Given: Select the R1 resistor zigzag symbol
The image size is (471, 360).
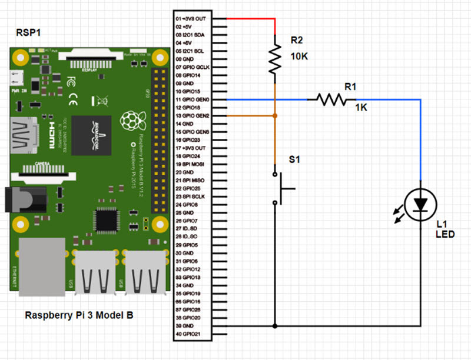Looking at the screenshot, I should (331, 100).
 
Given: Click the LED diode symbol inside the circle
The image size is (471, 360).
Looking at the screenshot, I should (420, 204).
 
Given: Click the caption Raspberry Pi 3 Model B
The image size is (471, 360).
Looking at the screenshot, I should (79, 315).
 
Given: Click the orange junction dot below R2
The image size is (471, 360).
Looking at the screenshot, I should (274, 116).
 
